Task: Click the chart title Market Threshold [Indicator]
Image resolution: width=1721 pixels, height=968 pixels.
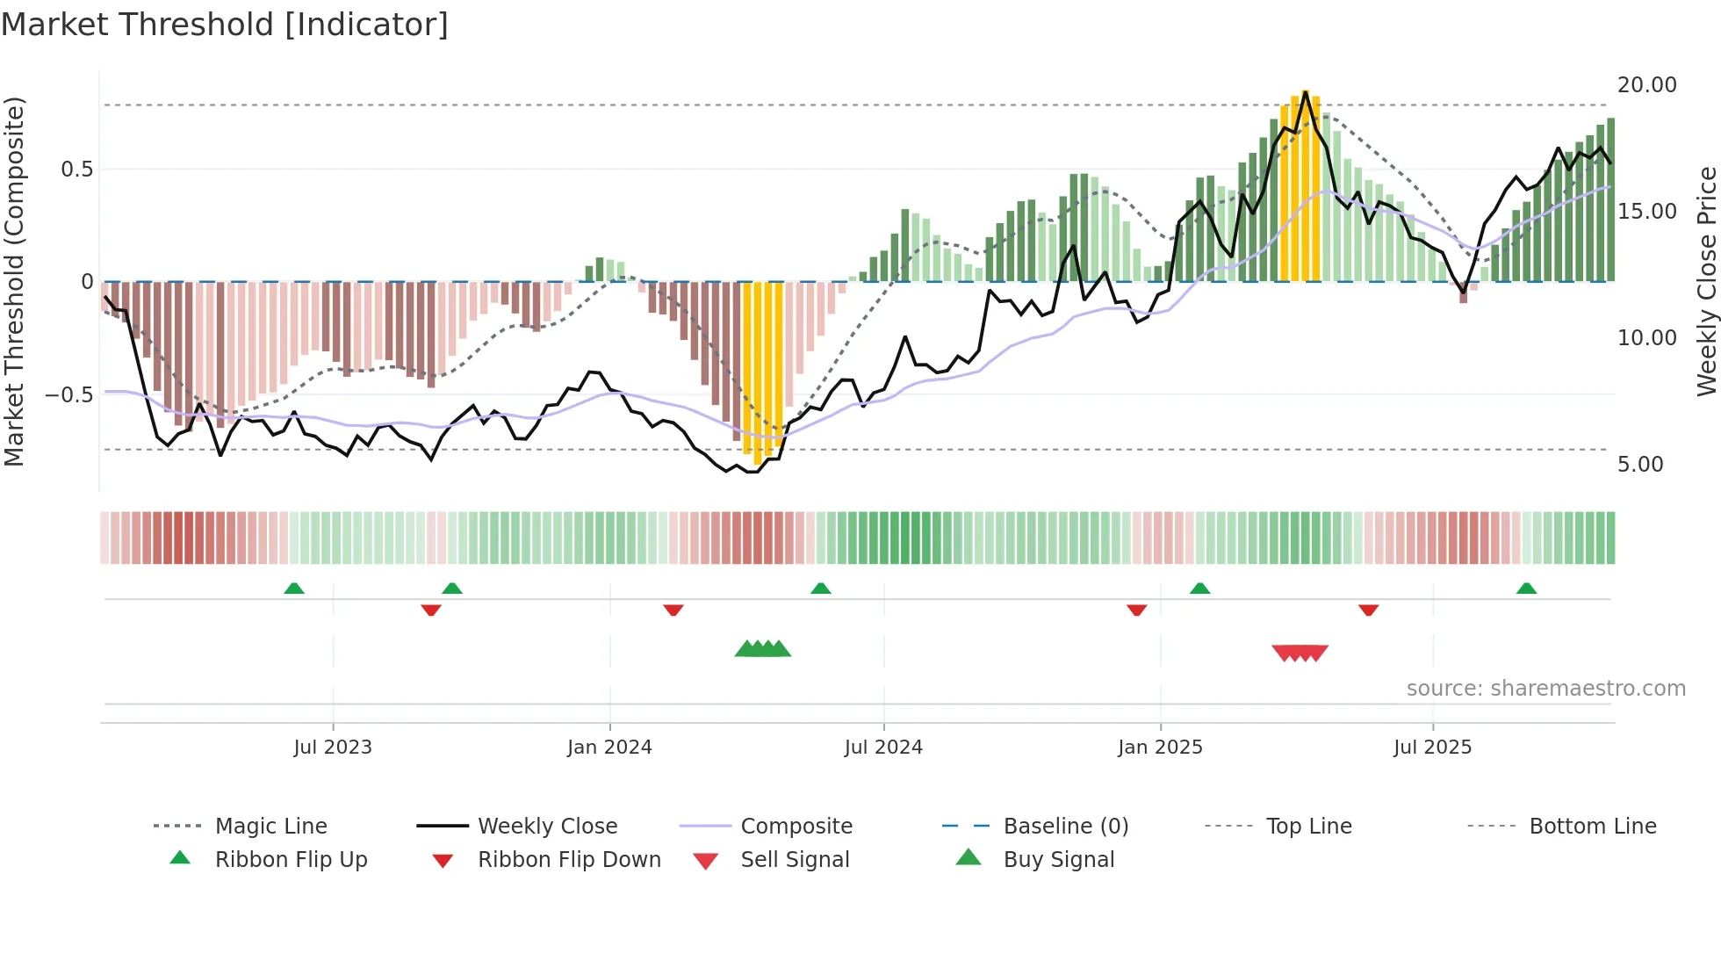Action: pos(225,25)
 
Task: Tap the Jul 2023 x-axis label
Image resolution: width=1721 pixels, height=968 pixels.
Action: pos(333,748)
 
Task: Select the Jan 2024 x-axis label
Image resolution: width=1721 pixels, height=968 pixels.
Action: pos(609,748)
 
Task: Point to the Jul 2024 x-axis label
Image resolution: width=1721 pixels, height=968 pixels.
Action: pos(883,748)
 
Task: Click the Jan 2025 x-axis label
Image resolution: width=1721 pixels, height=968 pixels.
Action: pos(1160,748)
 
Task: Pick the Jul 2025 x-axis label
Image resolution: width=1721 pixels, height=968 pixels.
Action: pos(1432,748)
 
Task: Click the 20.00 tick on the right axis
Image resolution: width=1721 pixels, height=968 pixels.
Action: pos(1646,85)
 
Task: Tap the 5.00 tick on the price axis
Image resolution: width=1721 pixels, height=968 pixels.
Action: pos(1639,465)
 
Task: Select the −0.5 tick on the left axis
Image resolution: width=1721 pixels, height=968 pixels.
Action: pos(68,395)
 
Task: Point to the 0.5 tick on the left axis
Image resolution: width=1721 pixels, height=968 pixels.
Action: pos(76,170)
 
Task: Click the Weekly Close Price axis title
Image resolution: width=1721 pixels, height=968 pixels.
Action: pos(1705,281)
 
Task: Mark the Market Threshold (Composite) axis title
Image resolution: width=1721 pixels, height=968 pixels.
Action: pos(14,281)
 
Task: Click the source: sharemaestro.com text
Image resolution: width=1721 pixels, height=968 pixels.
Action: pos(1545,689)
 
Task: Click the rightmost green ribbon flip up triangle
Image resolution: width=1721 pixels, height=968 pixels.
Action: pos(1526,589)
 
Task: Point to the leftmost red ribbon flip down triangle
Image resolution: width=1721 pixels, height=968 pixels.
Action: pos(430,610)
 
